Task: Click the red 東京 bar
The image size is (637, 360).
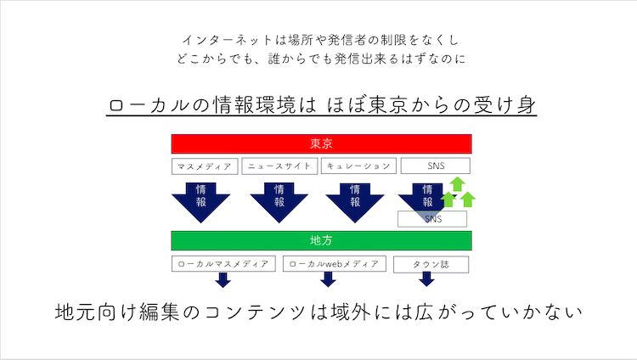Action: pos(321,143)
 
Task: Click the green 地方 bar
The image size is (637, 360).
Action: pos(321,240)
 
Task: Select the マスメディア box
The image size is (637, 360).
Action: pos(205,166)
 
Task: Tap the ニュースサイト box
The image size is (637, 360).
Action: pos(279,166)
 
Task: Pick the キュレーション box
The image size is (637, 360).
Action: pos(358,166)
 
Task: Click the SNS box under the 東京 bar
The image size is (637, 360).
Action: pos(436,166)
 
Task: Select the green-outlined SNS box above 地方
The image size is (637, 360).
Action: pos(432,219)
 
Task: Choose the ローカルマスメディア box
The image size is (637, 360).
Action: pos(223,264)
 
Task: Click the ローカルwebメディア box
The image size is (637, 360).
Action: pos(335,264)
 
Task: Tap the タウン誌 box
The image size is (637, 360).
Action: pos(431,265)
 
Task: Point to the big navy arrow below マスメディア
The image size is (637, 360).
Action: pos(200,203)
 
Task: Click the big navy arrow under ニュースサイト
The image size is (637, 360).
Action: pos(279,203)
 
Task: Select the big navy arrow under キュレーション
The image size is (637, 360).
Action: pos(355,203)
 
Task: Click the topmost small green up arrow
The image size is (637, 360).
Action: pos(458,183)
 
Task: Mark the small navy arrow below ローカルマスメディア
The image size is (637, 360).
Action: pos(223,280)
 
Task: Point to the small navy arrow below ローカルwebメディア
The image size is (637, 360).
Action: pos(328,279)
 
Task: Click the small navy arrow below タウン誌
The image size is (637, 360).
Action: pos(426,279)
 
